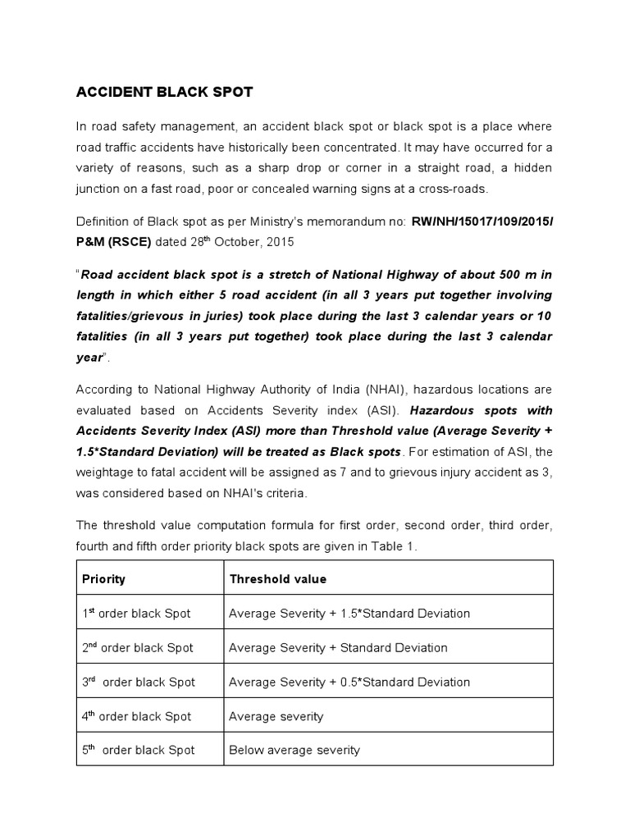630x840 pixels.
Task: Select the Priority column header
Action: click(103, 579)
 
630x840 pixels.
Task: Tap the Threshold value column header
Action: click(277, 579)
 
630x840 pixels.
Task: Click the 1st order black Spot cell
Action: click(138, 614)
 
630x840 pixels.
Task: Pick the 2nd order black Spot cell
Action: click(138, 648)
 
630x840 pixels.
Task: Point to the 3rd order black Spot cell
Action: click(138, 682)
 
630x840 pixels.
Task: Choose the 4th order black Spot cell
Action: click(138, 717)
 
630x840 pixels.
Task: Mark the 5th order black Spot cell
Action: click(138, 751)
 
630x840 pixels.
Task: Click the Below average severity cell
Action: click(294, 751)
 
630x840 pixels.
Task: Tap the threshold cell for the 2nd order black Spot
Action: click(338, 648)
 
